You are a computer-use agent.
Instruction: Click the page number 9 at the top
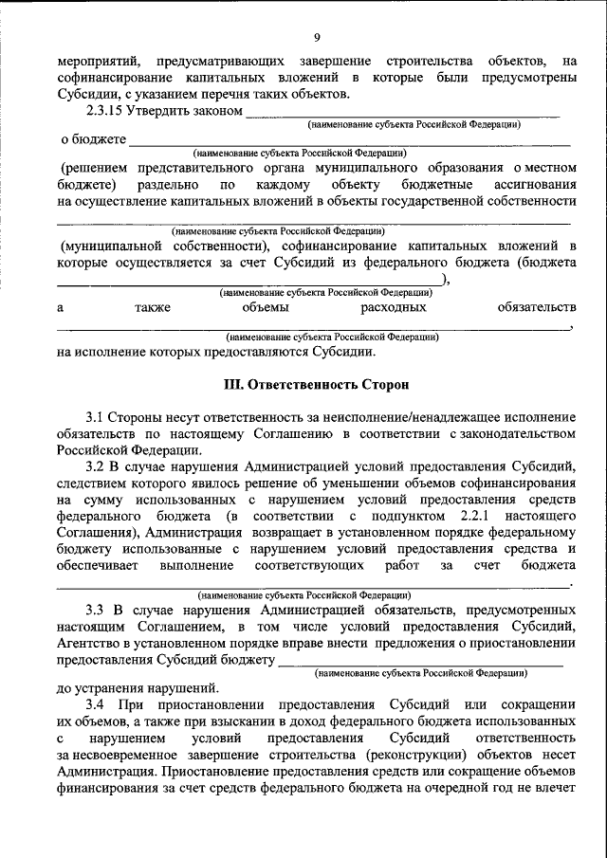(x=317, y=37)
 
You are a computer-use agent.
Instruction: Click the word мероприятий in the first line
(x=93, y=63)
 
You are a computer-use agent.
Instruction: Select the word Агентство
(x=90, y=643)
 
